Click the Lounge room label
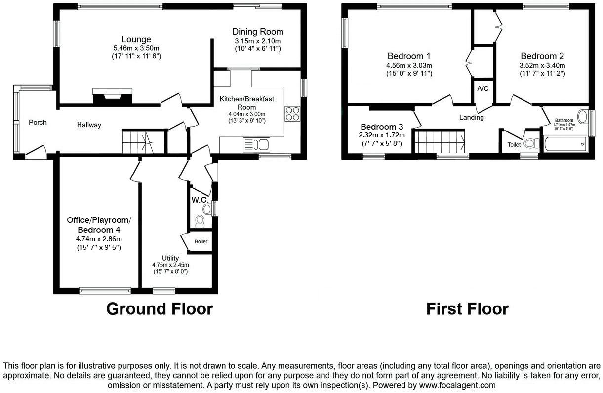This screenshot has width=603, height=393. (136, 39)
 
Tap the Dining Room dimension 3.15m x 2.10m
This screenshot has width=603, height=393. (258, 41)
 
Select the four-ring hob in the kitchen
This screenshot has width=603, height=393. (293, 114)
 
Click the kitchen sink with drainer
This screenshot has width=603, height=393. (256, 145)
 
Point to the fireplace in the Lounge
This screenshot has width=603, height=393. (112, 96)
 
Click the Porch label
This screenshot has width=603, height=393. (38, 123)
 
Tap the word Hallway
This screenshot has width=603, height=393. (89, 125)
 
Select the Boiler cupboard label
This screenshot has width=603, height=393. (201, 242)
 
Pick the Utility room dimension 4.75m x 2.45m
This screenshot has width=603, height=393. (170, 265)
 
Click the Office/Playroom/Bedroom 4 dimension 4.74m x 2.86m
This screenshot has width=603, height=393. (99, 239)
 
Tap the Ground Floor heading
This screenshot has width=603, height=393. (160, 309)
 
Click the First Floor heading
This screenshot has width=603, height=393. (468, 309)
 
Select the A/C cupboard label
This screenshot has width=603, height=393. (483, 88)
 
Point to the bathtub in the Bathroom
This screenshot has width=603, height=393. (565, 144)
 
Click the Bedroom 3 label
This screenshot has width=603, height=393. (382, 127)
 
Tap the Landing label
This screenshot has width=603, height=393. (471, 117)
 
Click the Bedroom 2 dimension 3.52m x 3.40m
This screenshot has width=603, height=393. (542, 65)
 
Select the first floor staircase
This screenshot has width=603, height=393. (440, 141)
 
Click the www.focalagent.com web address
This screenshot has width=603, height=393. (457, 385)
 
